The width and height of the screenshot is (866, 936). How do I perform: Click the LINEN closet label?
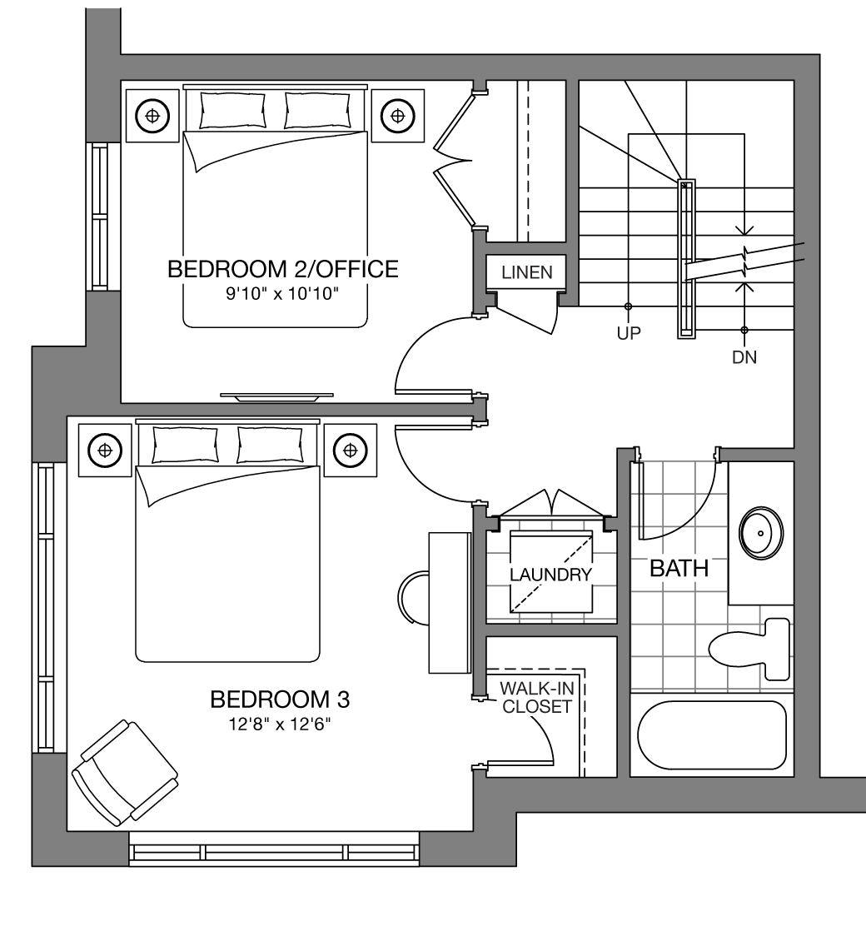(527, 273)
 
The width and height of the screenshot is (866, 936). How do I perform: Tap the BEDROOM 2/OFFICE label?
(283, 269)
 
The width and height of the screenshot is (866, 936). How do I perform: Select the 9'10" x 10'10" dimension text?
(282, 294)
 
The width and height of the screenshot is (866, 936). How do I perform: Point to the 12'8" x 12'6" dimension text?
(280, 724)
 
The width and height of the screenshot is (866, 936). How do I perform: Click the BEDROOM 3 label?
(280, 699)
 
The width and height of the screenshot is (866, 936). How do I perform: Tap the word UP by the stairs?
(629, 333)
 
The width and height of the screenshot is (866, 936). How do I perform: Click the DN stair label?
(744, 357)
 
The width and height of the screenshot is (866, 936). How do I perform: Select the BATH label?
(679, 568)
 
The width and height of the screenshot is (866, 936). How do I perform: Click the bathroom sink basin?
(761, 533)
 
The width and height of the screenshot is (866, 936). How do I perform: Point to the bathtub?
(712, 735)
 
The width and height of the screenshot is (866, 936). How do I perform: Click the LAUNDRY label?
(551, 575)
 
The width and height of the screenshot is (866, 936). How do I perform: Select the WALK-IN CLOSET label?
(537, 697)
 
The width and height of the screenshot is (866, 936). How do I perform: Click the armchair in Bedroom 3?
(125, 773)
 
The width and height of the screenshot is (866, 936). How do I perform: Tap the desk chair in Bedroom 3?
(414, 598)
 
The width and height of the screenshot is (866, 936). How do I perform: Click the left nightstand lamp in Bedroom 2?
(152, 116)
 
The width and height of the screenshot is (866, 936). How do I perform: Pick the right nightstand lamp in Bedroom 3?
(351, 450)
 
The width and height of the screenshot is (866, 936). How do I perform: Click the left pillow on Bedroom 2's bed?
(233, 111)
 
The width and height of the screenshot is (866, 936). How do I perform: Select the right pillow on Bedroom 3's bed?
(270, 445)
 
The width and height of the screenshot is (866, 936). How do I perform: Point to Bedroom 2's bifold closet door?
(455, 160)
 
